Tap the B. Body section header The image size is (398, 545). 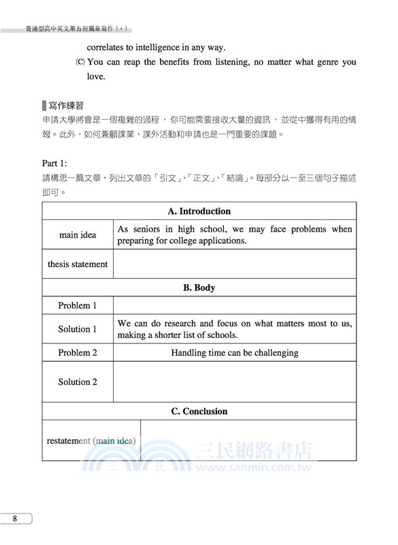point(199,287)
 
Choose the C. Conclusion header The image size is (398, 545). point(199,411)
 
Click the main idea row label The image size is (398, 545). point(78,235)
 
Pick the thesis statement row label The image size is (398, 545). point(78,264)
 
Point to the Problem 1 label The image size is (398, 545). point(78,306)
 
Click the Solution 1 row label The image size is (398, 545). point(78,329)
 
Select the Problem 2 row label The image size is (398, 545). point(78,353)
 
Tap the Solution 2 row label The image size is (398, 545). point(78,382)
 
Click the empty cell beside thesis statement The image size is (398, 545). point(235,264)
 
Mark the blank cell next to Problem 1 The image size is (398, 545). point(235,306)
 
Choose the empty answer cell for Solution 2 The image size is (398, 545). point(235,382)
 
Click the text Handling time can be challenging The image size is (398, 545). point(235,353)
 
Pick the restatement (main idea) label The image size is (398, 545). point(91,441)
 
